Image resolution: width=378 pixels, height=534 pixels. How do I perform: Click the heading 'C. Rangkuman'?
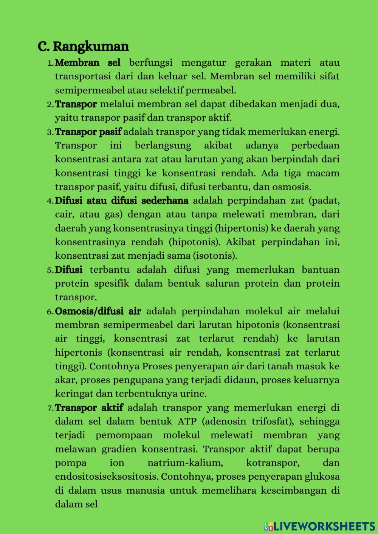(83, 46)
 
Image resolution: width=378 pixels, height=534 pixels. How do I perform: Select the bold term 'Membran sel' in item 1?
(88, 63)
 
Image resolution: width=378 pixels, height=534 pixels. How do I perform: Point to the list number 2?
(50, 105)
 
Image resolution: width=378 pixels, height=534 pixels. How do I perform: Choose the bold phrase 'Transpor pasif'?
(88, 132)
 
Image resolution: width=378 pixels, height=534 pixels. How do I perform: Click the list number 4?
(50, 201)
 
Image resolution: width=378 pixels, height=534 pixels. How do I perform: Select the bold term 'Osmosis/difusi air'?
(98, 312)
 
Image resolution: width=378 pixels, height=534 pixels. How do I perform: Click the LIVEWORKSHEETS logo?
(319, 526)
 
